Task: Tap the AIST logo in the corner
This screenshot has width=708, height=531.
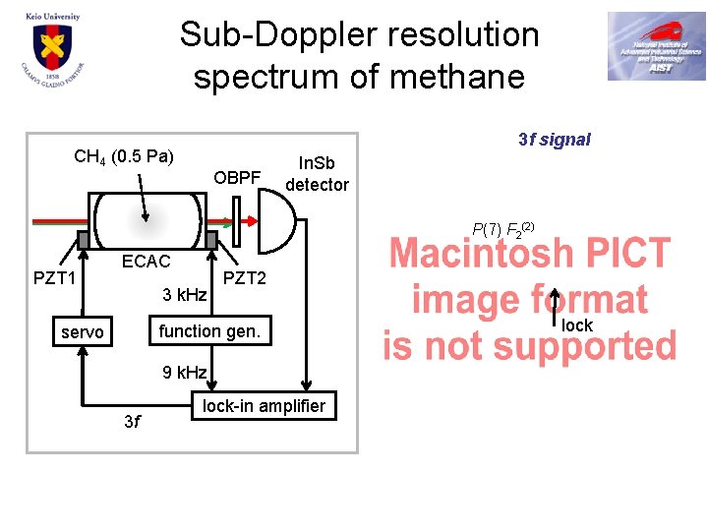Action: click(656, 46)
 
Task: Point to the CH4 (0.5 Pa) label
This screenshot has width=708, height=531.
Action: click(124, 156)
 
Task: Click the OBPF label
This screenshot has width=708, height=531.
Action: click(237, 178)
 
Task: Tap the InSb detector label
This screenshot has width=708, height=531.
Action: click(317, 174)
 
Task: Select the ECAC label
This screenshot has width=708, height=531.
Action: click(146, 262)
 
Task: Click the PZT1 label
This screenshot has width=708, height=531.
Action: click(55, 277)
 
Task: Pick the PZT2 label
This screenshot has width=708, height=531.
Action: click(245, 278)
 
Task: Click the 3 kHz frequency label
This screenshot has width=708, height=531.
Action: click(184, 295)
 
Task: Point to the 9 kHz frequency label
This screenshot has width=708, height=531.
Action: click(184, 372)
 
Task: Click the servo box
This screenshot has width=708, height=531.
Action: click(82, 332)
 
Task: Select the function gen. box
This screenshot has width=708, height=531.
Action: click(209, 331)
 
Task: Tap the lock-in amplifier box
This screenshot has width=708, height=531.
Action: click(264, 406)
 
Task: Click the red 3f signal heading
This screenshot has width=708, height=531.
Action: click(554, 140)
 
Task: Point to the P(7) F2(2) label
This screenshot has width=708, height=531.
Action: click(502, 229)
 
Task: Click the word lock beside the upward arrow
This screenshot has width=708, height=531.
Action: click(577, 325)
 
